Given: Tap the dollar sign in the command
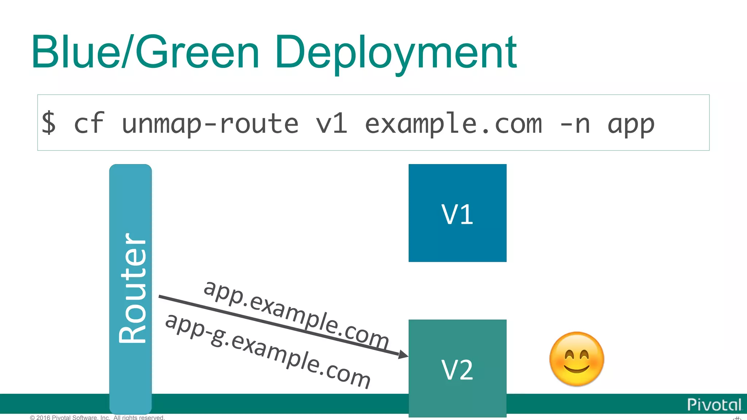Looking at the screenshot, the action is pyautogui.click(x=49, y=123).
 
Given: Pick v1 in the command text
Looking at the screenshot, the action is pyautogui.click(x=331, y=123).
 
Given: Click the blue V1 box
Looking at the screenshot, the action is pyautogui.click(x=457, y=213).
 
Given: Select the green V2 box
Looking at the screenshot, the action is pyautogui.click(x=457, y=368).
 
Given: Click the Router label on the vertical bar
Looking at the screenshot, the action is pyautogui.click(x=132, y=288).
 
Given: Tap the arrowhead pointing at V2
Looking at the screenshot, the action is pyautogui.click(x=403, y=354).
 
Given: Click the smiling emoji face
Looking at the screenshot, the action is pyautogui.click(x=576, y=359).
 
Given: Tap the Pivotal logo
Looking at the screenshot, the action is pyautogui.click(x=714, y=405).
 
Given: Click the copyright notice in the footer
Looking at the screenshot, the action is pyautogui.click(x=97, y=417).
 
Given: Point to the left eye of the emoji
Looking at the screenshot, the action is pyautogui.click(x=568, y=354).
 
